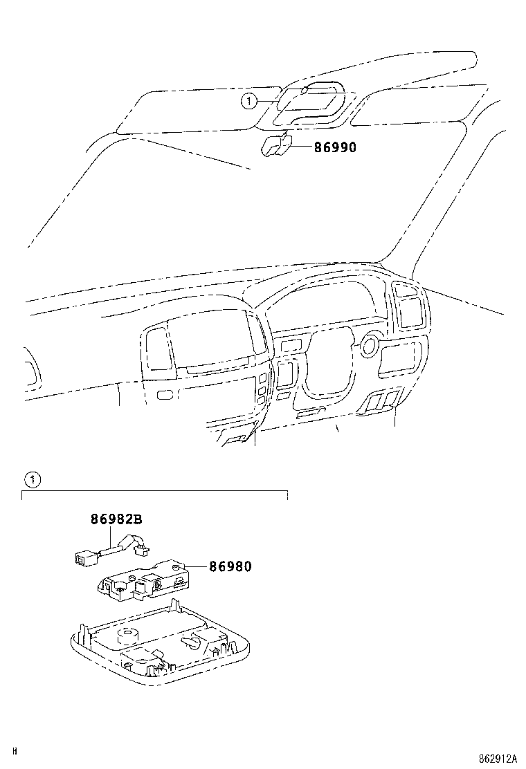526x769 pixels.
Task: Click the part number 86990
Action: click(x=325, y=147)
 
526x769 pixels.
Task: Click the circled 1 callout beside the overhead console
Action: click(x=247, y=102)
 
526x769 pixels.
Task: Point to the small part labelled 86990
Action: click(x=275, y=147)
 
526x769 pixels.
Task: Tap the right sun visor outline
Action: click(x=415, y=104)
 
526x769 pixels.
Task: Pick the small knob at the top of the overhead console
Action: click(x=304, y=91)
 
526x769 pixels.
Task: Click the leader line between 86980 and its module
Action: click(x=194, y=568)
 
